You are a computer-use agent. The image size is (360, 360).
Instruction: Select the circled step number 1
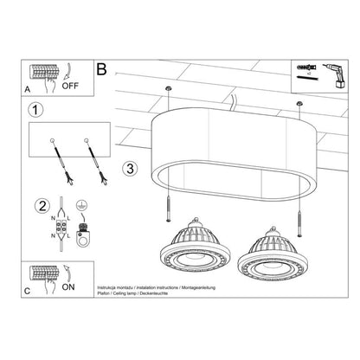35,110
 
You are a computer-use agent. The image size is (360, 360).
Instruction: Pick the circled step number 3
130,166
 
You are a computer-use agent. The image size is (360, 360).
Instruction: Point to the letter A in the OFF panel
27,89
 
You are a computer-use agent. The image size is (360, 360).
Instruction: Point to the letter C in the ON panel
27,292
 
